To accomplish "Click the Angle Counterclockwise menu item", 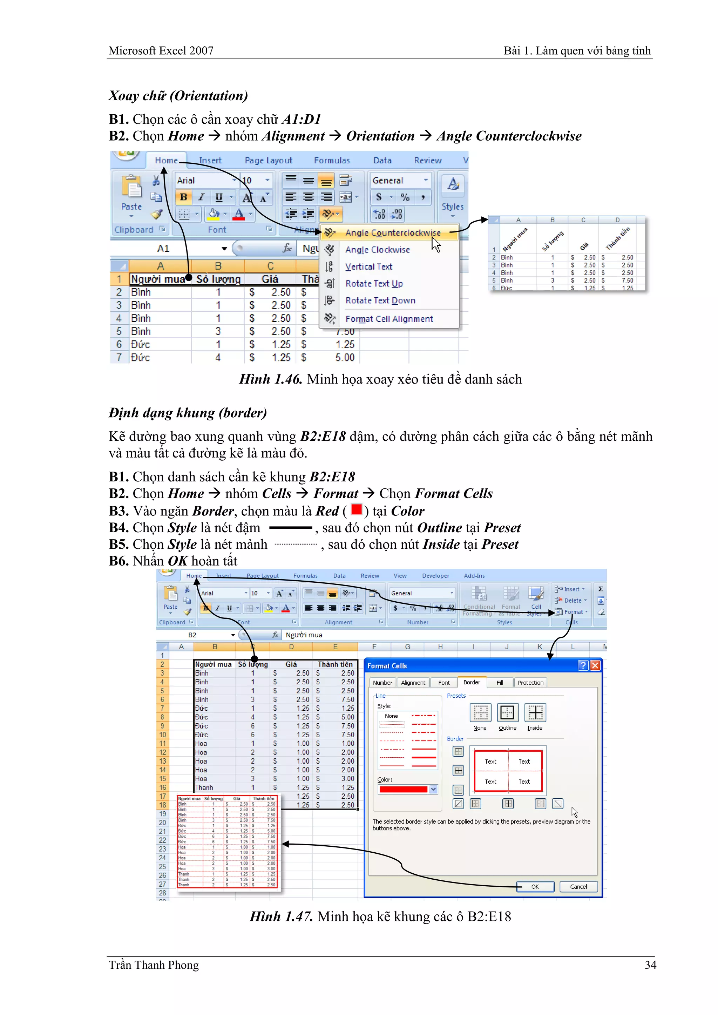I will click(393, 232).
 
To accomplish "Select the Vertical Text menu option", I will click(369, 266).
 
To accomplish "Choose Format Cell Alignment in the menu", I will click(389, 319).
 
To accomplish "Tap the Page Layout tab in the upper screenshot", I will click(268, 161).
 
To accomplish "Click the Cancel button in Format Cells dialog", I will click(578, 886).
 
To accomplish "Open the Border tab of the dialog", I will click(472, 682).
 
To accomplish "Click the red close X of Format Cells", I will click(595, 665).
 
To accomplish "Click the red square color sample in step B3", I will click(356, 510).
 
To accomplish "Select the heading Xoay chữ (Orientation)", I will click(178, 95).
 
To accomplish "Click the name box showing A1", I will click(164, 249).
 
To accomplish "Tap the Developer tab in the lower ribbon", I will click(435, 576).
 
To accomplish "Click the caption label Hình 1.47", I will click(281, 916).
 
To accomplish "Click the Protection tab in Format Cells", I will click(530, 683).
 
